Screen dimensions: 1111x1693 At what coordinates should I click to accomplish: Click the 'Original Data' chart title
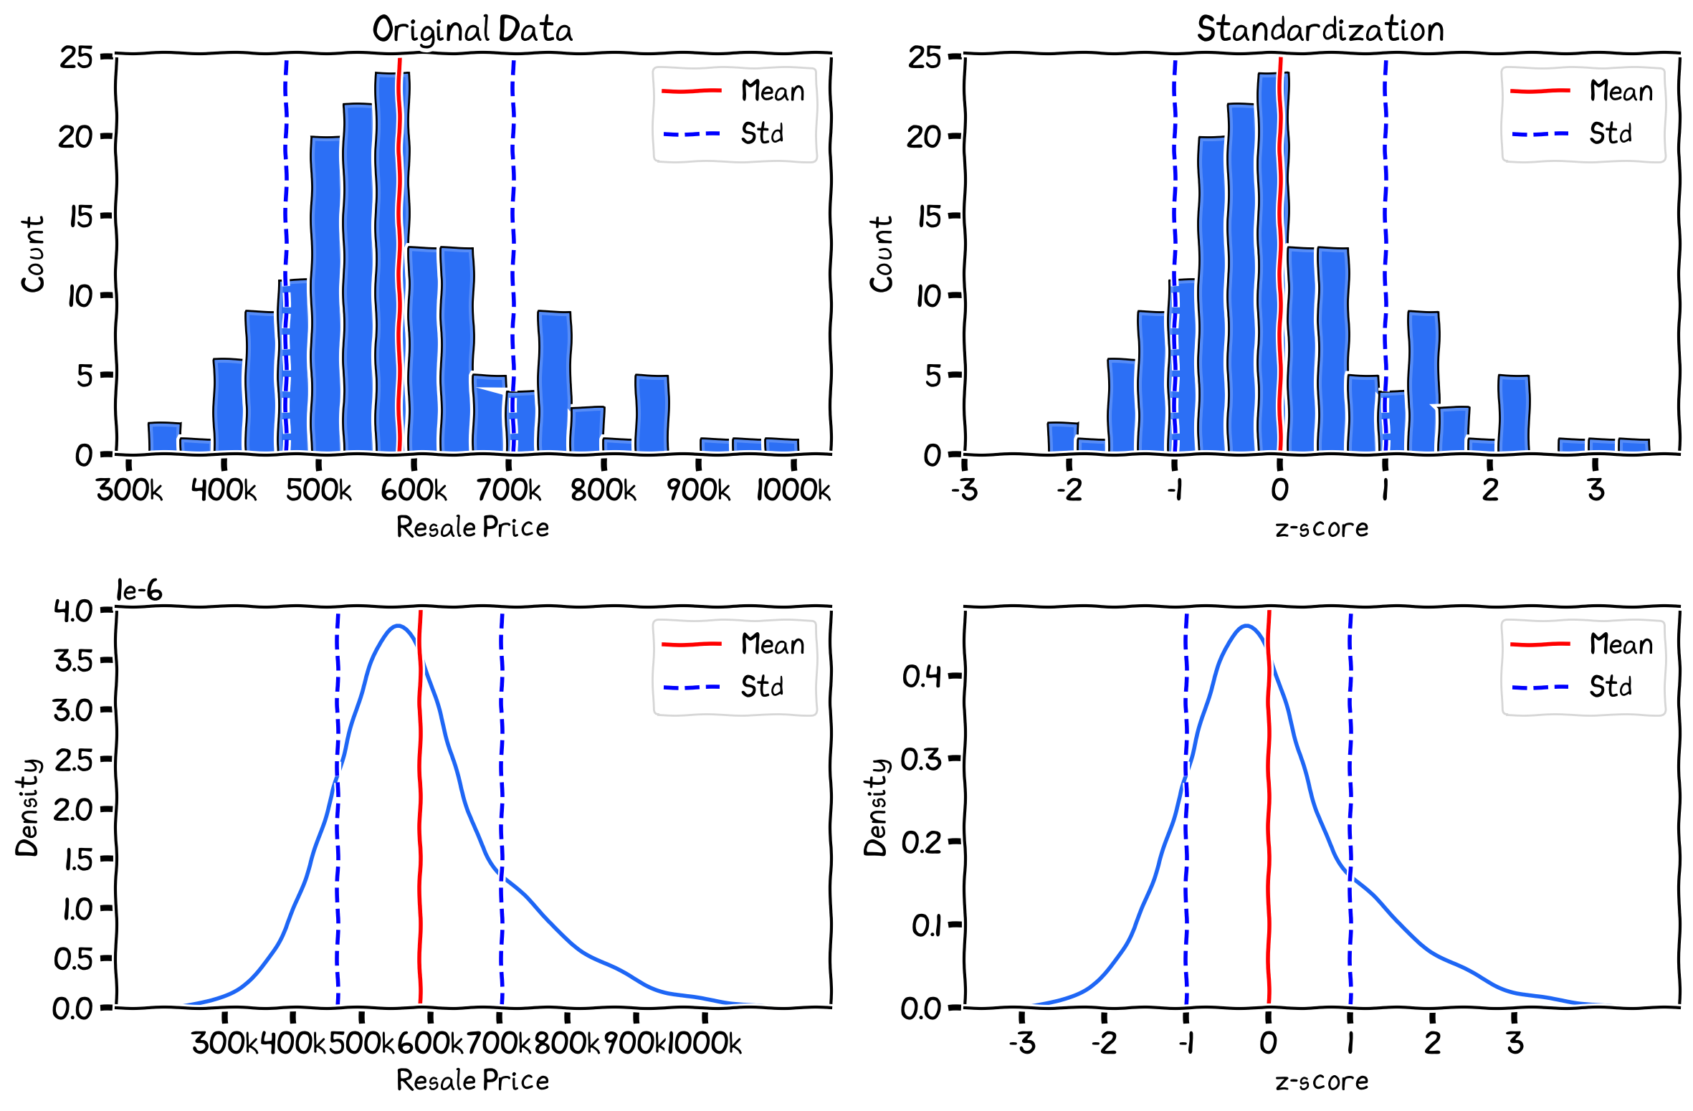point(472,29)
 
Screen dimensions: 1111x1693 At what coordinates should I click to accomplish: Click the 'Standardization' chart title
point(1320,29)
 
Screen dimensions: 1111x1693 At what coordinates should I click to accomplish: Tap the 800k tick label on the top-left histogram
point(603,490)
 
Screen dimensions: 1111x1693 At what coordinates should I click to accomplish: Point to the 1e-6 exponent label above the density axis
point(139,591)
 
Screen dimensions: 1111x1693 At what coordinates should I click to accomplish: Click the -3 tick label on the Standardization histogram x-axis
point(964,490)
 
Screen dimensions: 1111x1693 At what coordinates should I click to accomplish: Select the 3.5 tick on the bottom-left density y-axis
point(73,660)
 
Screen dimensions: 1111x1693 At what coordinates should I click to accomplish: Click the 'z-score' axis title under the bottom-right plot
point(1321,1080)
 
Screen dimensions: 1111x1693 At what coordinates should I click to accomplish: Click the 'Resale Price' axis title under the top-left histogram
point(472,528)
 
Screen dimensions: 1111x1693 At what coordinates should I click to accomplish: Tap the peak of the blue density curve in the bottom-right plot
point(1246,626)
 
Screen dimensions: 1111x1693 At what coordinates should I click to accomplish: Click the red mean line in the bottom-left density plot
point(419,824)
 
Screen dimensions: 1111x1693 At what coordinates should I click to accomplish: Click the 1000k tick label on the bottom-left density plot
point(705,1043)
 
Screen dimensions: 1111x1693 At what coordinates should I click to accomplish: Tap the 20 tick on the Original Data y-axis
point(75,136)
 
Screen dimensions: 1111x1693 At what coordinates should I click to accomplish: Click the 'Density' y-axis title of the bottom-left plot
point(27,807)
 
